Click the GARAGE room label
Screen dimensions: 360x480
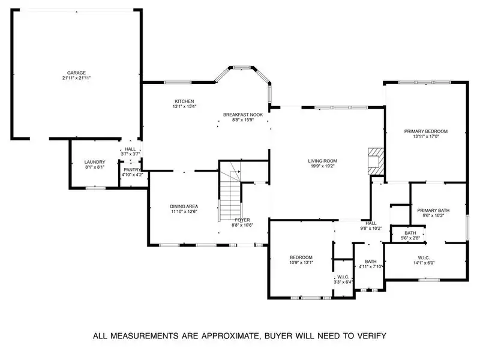76,73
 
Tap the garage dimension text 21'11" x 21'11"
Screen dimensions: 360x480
76,78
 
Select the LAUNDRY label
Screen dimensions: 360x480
95,162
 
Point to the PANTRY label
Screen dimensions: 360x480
132,170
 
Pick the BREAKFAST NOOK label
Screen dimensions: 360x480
243,114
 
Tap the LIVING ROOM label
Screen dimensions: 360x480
323,161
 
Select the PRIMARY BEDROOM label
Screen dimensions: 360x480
426,131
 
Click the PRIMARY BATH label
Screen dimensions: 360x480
433,210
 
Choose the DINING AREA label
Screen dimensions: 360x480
184,206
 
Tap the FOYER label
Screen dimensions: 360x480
242,220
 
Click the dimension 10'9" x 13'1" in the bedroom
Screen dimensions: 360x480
301,262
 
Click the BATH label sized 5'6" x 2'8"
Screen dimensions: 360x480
410,233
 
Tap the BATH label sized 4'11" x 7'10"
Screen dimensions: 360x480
371,261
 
